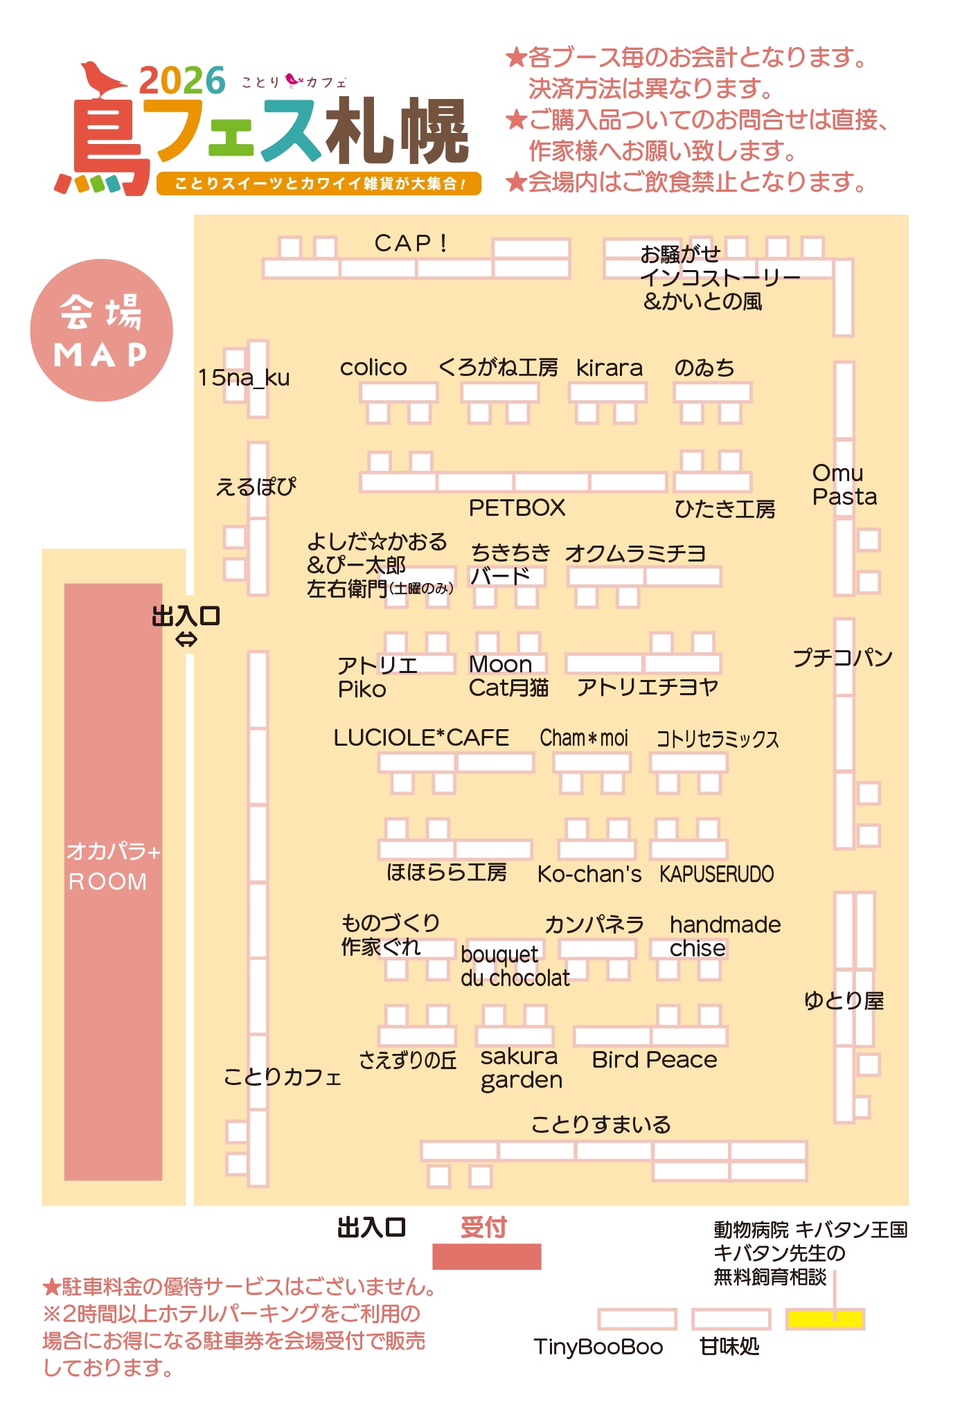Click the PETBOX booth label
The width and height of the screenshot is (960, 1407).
pos(517,508)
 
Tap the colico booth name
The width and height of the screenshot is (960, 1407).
pos(373,367)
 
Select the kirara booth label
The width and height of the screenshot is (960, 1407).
pos(610,368)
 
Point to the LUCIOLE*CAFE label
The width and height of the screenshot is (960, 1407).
pos(421,737)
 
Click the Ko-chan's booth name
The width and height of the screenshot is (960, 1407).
pos(589,874)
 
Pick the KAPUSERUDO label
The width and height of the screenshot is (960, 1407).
pos(716,874)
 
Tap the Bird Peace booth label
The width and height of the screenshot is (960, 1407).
pos(655,1059)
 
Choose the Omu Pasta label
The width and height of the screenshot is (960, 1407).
pos(844,485)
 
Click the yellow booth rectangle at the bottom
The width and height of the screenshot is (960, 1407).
pos(825,1319)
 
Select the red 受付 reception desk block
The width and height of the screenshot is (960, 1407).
pos(487,1256)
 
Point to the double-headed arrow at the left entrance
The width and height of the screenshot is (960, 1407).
pos(186,640)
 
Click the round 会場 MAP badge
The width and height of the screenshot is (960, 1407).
pos(102,330)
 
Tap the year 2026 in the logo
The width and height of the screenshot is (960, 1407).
pos(182,80)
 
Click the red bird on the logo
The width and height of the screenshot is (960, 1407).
pos(103,80)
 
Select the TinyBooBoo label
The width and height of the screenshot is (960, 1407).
pos(598,1347)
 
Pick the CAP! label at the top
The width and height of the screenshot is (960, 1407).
pos(411,243)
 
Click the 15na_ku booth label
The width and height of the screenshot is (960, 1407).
pos(244,378)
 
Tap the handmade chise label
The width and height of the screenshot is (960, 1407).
pos(725,936)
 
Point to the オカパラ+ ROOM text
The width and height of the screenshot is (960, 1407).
pos(113,866)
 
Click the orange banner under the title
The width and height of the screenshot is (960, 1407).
pos(319,183)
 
